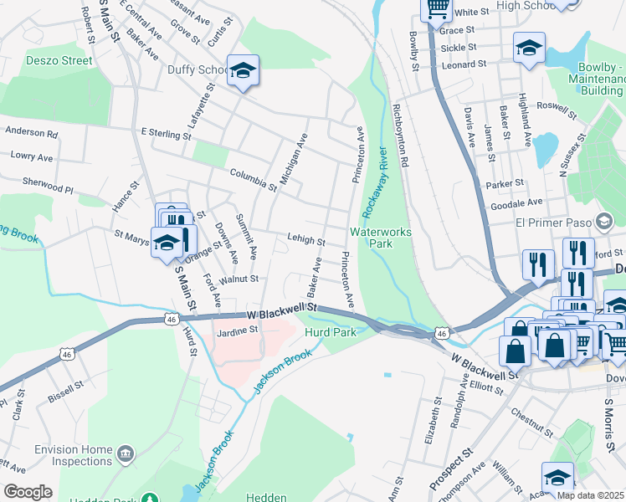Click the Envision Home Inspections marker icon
coord(126,454)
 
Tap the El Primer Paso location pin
coord(604,222)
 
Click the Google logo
coord(28,491)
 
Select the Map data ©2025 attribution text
coord(590,495)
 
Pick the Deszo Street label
coord(59,60)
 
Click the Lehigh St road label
coord(305,239)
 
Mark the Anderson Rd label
coord(31,132)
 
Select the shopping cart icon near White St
coord(436,9)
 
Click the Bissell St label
coord(65,391)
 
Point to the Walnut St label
coord(238,278)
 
